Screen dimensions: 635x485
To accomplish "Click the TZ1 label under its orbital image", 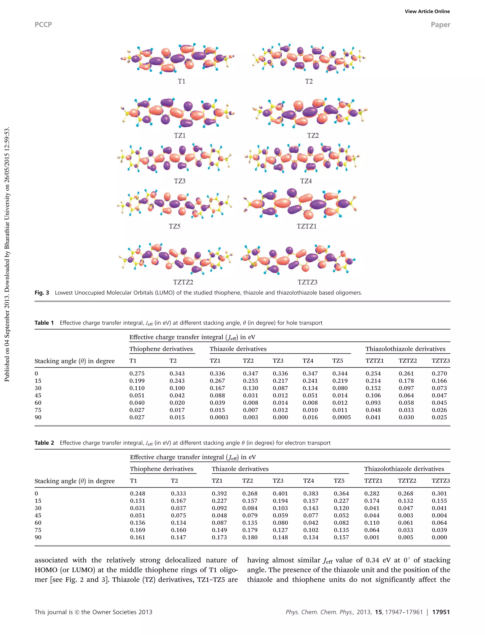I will [180, 135].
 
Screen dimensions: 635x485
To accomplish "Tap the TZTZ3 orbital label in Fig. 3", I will [307, 282].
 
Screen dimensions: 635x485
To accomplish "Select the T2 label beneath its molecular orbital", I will [309, 81].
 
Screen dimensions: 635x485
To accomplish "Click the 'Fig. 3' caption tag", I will [42, 293].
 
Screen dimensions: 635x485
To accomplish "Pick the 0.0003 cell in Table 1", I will [219, 417].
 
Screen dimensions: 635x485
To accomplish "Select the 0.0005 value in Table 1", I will [341, 417].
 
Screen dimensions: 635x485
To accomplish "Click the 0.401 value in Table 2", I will [280, 494].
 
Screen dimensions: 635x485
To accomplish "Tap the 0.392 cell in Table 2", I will [219, 494].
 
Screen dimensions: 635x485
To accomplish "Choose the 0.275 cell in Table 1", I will [137, 374].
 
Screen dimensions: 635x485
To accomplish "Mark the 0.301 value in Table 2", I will [439, 494].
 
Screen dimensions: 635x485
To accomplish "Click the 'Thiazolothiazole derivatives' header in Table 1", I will [406, 349].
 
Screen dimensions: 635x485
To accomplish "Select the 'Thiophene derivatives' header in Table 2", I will [162, 469].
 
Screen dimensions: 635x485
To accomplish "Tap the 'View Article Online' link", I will [427, 12].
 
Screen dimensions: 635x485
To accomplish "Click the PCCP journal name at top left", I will [43, 25].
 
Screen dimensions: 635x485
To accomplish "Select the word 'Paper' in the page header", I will [440, 25].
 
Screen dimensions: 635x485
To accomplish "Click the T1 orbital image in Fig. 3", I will [178, 58].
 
